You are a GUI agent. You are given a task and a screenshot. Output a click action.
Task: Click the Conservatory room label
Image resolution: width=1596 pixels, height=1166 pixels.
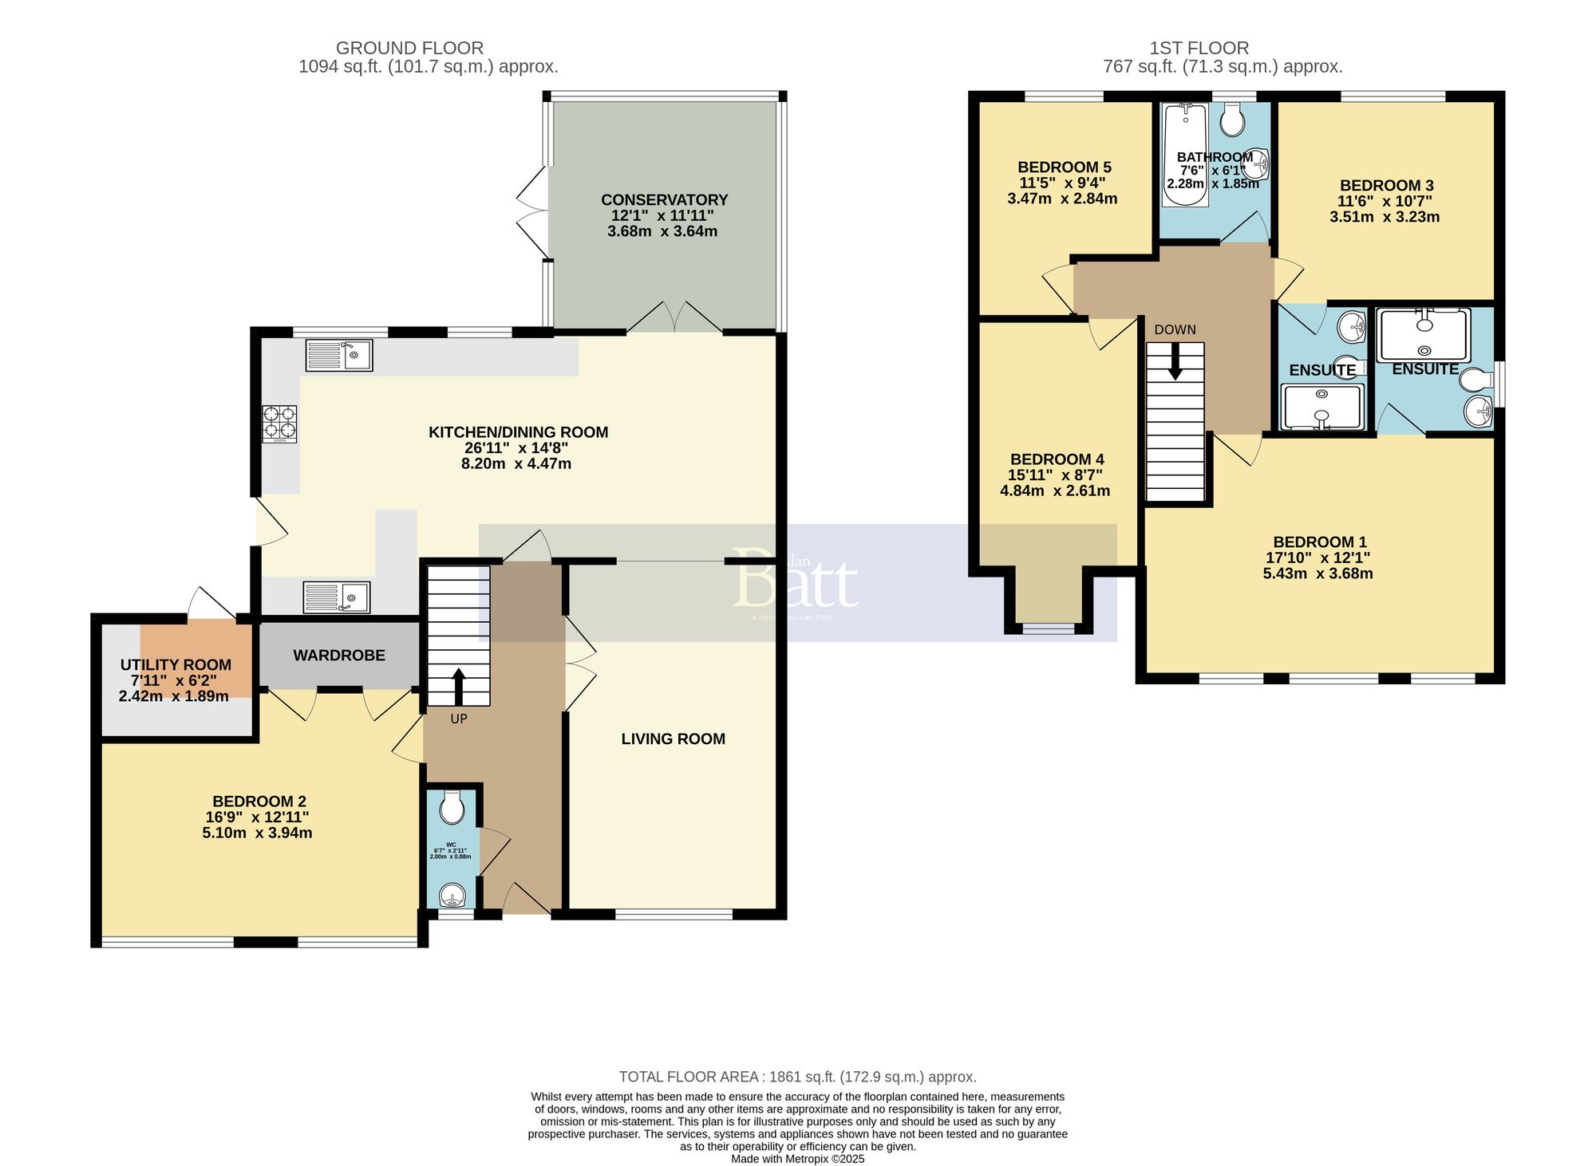[x=664, y=199]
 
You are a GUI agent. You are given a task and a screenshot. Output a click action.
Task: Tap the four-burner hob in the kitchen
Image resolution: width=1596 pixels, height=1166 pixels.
[x=280, y=424]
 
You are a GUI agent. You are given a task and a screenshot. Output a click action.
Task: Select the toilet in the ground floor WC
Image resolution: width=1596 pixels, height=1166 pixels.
[x=452, y=807]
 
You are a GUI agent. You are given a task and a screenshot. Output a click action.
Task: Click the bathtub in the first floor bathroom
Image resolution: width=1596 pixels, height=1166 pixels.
[x=1185, y=155]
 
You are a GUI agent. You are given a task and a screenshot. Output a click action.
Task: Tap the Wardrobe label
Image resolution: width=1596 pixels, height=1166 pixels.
[x=339, y=656]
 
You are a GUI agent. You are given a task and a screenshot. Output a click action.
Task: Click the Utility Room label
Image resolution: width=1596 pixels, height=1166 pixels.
[x=176, y=665]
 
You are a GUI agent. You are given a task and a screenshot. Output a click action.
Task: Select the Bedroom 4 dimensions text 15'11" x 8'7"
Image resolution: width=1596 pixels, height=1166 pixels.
[x=1055, y=475]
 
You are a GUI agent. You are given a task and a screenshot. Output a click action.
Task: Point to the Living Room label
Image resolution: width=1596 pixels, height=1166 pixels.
[x=673, y=739]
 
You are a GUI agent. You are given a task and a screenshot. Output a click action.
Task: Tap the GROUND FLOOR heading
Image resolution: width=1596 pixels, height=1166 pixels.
[x=409, y=49]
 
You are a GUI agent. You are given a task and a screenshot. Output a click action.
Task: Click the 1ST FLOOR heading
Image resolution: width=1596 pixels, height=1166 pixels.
[x=1199, y=49]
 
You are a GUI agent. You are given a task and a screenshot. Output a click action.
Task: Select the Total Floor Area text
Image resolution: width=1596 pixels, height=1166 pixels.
[x=797, y=1077]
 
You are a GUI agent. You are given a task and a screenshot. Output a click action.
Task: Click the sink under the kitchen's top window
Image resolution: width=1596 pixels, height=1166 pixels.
[x=339, y=355]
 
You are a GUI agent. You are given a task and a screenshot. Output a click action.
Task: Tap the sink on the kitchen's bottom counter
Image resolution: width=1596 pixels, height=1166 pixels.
[x=337, y=597]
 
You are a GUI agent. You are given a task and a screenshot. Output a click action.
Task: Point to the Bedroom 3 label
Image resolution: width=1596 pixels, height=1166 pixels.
[x=1386, y=186]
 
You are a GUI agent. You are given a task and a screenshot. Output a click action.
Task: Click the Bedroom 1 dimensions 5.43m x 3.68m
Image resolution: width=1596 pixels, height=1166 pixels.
[x=1317, y=573]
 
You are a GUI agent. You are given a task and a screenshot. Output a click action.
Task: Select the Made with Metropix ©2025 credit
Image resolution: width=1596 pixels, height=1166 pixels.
[x=797, y=1159]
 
